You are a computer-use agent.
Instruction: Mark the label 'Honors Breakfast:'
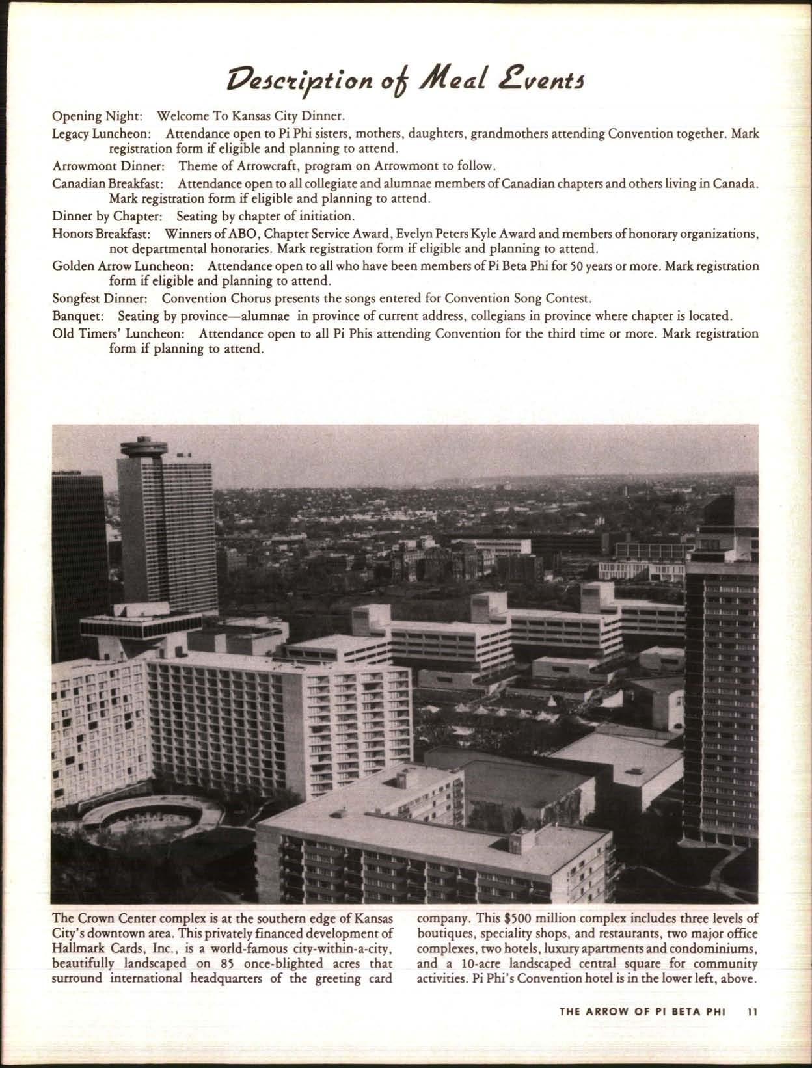pos(102,233)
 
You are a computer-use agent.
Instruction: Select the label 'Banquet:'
pos(78,317)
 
